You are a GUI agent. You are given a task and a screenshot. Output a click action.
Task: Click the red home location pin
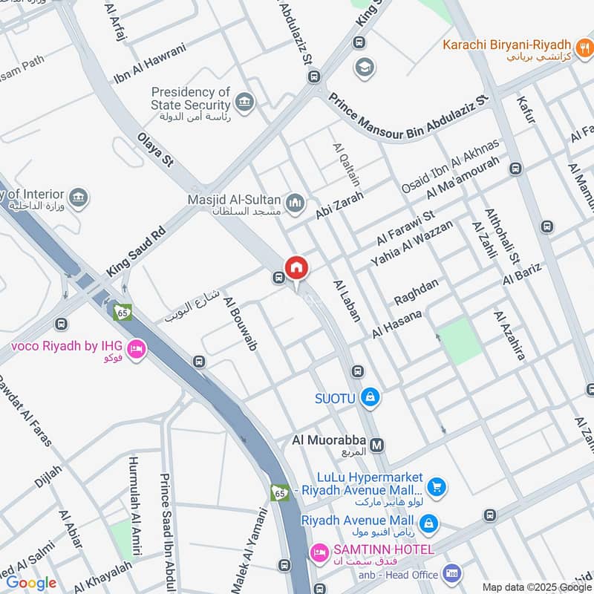click(296, 267)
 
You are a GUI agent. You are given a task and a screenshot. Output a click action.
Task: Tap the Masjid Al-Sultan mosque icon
click(296, 202)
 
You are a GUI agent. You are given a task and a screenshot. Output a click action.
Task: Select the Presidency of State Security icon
click(244, 100)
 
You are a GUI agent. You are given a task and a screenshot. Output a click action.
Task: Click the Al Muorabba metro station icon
click(377, 445)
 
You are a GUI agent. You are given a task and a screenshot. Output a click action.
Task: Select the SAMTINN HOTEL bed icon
click(319, 551)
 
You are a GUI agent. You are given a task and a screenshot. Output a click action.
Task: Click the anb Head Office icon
click(450, 572)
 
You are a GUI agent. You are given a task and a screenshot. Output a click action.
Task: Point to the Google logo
click(31, 583)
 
